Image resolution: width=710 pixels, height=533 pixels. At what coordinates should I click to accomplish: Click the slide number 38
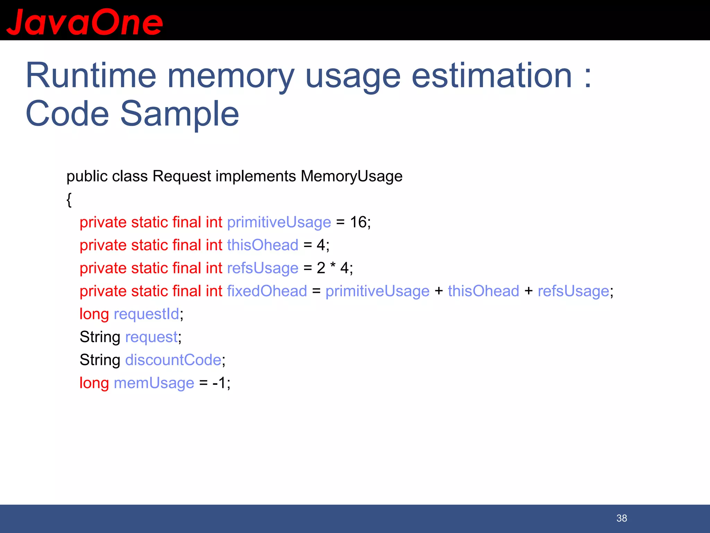pos(622,518)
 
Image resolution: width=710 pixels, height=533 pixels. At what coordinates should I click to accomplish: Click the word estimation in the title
pos(492,76)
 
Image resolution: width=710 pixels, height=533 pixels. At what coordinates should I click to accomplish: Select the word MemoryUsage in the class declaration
pos(351,176)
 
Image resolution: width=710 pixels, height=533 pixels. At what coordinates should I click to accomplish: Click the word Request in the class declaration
pos(182,176)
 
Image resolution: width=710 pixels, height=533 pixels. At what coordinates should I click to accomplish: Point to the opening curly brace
pos(69,200)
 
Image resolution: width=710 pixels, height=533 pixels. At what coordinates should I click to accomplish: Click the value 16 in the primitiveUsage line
pos(358,222)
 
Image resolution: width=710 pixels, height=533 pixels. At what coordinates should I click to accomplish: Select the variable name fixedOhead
pos(267,291)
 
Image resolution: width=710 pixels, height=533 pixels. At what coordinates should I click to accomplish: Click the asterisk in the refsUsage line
pos(333,266)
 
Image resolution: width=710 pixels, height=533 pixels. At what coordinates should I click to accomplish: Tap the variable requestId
pos(146,314)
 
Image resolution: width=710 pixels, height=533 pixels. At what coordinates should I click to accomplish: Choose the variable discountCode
pos(173,360)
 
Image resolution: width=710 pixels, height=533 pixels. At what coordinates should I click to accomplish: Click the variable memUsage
pos(154,383)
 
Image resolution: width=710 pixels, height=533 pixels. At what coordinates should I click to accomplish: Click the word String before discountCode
pos(100,360)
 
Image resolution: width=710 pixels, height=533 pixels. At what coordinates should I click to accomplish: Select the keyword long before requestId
pos(94,314)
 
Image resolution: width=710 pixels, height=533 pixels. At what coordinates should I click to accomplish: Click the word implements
pos(256,176)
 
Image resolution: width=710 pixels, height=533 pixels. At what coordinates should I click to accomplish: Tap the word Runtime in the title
pos(91,76)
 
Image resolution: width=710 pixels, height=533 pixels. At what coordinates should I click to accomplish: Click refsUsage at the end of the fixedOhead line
pos(573,291)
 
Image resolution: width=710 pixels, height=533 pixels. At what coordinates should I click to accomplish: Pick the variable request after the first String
pos(151,337)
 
